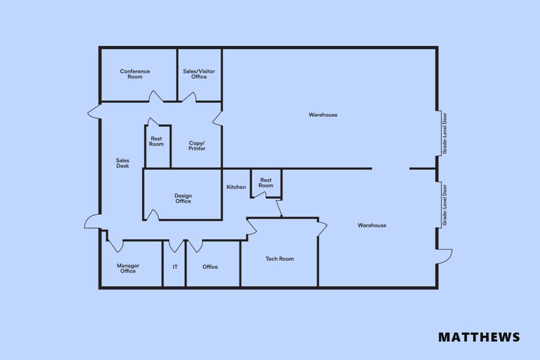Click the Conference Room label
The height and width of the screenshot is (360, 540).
click(135, 74)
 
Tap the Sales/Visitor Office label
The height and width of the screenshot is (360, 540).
click(199, 74)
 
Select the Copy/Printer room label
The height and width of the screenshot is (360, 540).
click(197, 146)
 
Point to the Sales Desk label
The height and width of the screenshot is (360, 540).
click(122, 163)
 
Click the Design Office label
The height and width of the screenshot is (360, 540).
click(183, 198)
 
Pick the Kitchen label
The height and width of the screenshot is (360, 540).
click(236, 187)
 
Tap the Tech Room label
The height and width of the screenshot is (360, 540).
click(280, 259)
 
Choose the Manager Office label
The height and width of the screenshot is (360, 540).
click(128, 268)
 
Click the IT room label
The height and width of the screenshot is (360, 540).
click(175, 267)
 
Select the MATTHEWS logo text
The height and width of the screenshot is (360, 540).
click(479, 337)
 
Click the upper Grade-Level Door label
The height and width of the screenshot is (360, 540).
click(444, 133)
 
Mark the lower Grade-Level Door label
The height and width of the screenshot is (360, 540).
click(444, 204)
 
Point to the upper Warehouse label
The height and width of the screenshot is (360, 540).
click(323, 115)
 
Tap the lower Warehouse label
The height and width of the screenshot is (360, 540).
click(372, 225)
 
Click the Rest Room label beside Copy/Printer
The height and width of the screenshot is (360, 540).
click(157, 141)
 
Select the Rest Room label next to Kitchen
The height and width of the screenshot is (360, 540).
click(266, 182)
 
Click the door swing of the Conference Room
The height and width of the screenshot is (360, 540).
click(156, 97)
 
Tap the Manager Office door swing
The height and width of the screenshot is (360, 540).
click(115, 246)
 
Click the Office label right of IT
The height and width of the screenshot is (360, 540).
click(210, 267)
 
